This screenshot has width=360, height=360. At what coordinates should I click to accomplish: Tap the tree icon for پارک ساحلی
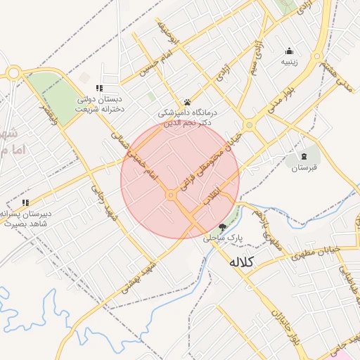tap(223, 227)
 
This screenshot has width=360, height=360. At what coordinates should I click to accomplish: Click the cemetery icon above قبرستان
tap(304, 156)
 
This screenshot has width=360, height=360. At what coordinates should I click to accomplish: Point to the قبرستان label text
tap(304, 168)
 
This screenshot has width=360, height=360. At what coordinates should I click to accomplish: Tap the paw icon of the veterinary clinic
tap(187, 102)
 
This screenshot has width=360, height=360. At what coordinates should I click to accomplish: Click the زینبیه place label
tap(290, 62)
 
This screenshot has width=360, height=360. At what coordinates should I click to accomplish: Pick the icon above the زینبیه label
tap(290, 51)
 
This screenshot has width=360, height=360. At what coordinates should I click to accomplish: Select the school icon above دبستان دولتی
tap(100, 88)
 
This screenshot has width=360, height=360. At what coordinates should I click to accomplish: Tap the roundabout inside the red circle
tap(171, 195)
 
